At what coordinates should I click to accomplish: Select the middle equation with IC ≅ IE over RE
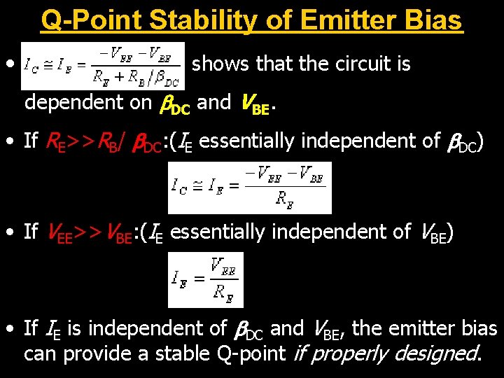click(249, 188)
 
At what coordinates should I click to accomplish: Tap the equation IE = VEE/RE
click(205, 279)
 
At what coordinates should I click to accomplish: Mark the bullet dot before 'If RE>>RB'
click(10, 141)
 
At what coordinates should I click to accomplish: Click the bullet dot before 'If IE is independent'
click(10, 328)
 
